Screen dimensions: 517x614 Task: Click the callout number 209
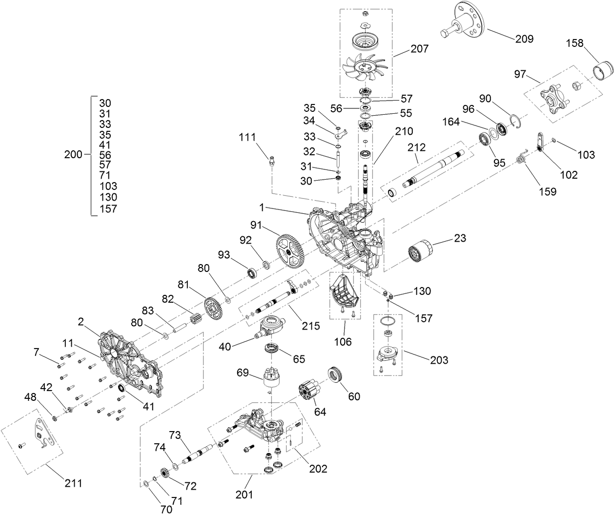pos(524,39)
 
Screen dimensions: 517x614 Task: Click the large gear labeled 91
pos(290,251)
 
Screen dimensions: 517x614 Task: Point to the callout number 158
pos(574,43)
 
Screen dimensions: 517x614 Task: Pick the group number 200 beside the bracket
pos(73,155)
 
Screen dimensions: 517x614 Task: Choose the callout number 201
pos(244,495)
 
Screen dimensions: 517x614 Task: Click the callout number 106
pos(343,342)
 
